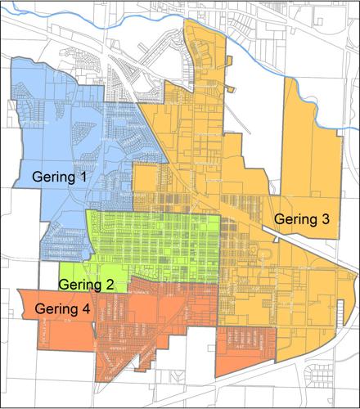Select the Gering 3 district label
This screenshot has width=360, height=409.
pos(302,219)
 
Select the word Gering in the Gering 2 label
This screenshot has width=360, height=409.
pos(82,285)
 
